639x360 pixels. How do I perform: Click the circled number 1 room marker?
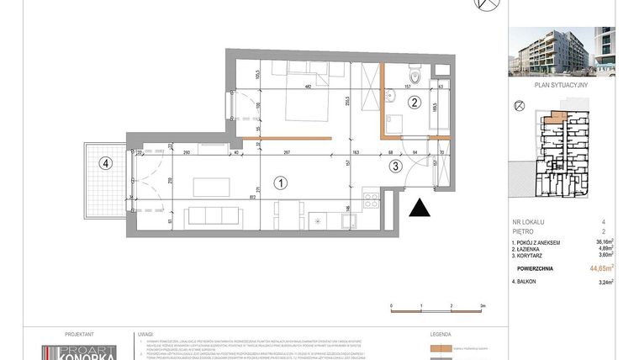point(282,181)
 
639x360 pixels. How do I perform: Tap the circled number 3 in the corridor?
point(397,167)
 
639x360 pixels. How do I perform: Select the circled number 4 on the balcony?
point(104,163)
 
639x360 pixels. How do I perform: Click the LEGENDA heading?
point(441,333)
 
